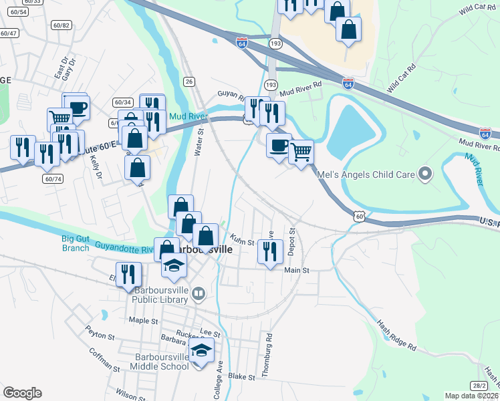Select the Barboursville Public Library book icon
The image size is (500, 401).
[198, 293]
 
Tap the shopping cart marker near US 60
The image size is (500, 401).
[301, 152]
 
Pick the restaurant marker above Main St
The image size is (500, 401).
[270, 251]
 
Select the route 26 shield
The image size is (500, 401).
[189, 82]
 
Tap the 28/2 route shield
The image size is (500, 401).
[478, 386]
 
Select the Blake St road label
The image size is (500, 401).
[242, 378]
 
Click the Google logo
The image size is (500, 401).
[22, 393]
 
